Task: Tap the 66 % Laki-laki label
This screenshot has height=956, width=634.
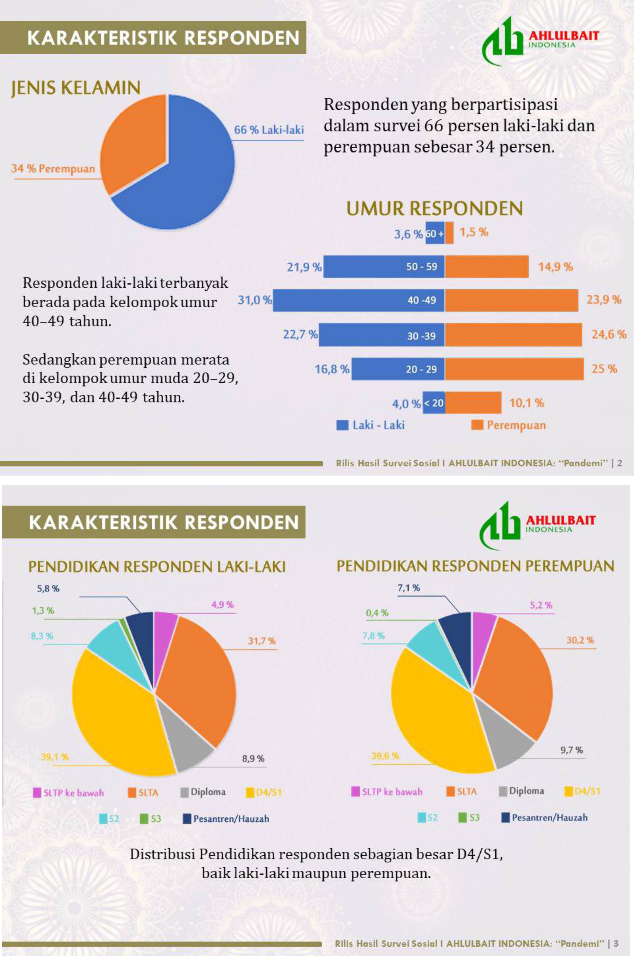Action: (269, 130)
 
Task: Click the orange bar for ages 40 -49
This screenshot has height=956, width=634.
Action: (511, 300)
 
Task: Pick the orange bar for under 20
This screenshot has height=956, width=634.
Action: (473, 403)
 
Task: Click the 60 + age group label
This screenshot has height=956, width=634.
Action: (435, 233)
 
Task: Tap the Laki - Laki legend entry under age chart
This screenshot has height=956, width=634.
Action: (371, 425)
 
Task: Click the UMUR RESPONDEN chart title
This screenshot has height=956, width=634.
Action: (435, 209)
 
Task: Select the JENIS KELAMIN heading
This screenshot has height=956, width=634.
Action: (76, 88)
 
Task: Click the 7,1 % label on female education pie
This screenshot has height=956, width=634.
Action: (408, 588)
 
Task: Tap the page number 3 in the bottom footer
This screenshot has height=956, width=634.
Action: (616, 943)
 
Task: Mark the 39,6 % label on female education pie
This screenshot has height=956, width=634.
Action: (385, 756)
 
